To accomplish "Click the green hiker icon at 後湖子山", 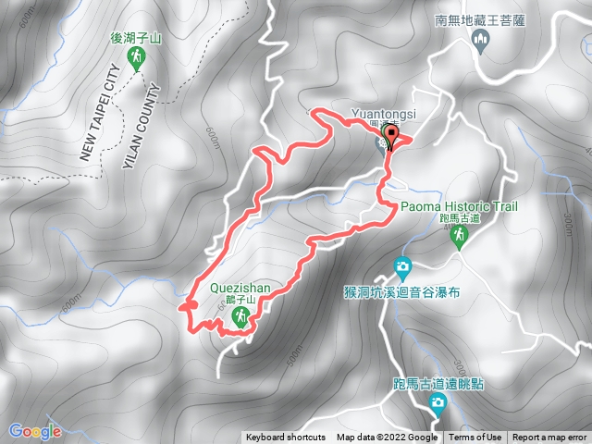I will (x=137, y=60).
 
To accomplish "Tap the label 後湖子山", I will (x=136, y=39).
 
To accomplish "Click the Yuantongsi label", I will (x=385, y=114).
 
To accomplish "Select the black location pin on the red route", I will (x=390, y=137).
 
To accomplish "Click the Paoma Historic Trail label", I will (x=459, y=206).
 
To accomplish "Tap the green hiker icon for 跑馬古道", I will (x=459, y=238).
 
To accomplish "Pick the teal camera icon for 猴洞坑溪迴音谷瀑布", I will (x=402, y=267).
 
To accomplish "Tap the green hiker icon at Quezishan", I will (x=240, y=318).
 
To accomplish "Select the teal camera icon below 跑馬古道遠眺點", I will (x=438, y=401).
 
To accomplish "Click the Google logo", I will (x=34, y=430).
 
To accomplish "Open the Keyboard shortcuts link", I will (x=286, y=438).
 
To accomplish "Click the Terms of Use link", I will (x=475, y=438).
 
